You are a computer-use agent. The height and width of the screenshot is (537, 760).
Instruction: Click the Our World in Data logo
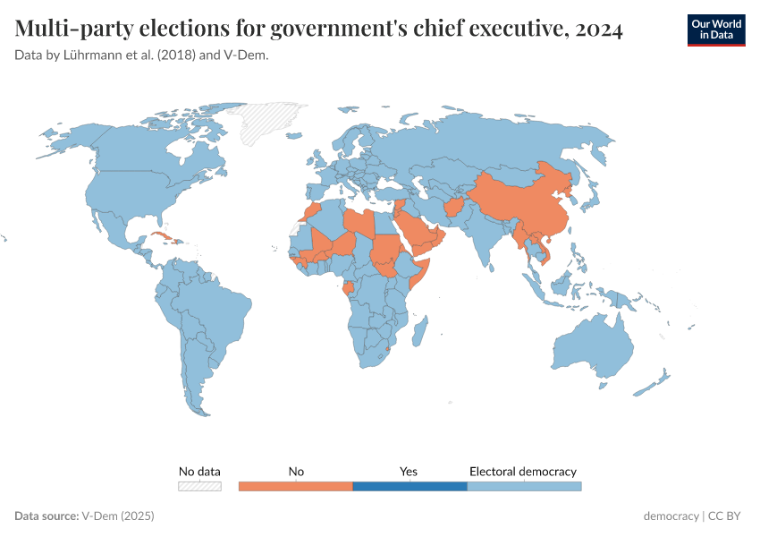pos(715,30)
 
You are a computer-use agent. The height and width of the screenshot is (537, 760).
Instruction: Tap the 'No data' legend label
pos(199,471)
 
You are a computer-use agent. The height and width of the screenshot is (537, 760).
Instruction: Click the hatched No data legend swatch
pos(199,486)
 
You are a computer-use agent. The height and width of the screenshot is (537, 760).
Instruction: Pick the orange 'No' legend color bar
pos(296,486)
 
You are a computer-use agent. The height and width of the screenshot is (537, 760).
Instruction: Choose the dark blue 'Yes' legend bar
pos(410,486)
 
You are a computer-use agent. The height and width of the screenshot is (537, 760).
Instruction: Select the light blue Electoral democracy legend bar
pos(524,486)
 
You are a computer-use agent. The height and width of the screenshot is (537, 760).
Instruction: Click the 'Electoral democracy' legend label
pos(523,471)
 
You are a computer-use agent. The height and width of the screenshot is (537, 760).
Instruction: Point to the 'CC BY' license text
pos(726,516)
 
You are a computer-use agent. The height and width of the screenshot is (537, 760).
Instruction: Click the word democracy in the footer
pos(671,516)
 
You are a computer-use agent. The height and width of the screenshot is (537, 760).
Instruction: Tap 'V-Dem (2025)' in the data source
pos(118,516)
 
